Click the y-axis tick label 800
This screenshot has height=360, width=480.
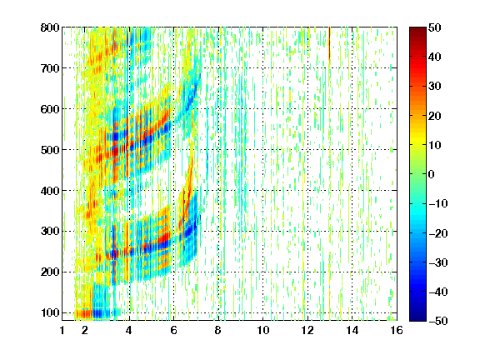click(x=50, y=27)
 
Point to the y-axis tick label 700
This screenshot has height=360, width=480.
click(x=50, y=68)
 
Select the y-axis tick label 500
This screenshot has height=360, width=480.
click(x=50, y=150)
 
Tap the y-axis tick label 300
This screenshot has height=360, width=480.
click(x=50, y=232)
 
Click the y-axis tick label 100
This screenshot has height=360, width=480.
click(x=50, y=312)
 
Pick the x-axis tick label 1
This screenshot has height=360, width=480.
click(x=62, y=330)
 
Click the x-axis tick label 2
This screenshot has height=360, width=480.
click(x=85, y=330)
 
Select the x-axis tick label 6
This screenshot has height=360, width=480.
click(x=174, y=330)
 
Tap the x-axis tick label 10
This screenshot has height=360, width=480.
click(x=263, y=330)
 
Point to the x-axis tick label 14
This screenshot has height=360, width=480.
click(x=352, y=330)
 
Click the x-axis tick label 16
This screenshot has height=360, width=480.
click(x=397, y=330)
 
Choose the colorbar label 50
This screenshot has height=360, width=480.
click(x=435, y=27)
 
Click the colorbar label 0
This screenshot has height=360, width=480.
click(x=432, y=174)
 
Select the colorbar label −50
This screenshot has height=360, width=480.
click(x=438, y=321)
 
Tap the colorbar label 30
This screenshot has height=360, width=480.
click(x=435, y=87)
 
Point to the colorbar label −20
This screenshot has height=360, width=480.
click(x=438, y=233)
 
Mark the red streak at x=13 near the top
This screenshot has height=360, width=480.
click(x=329, y=42)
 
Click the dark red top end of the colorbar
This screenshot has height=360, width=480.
click(x=417, y=30)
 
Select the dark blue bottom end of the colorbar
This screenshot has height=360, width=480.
click(x=417, y=318)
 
